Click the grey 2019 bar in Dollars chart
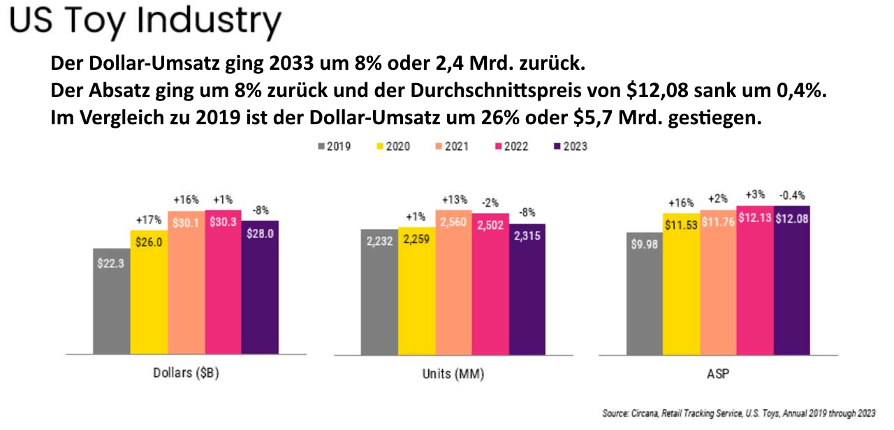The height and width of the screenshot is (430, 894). [111, 300]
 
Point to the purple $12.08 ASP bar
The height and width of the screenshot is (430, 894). [791, 279]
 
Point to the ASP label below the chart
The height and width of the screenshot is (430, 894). [719, 374]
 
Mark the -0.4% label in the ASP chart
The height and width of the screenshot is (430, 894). [791, 196]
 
